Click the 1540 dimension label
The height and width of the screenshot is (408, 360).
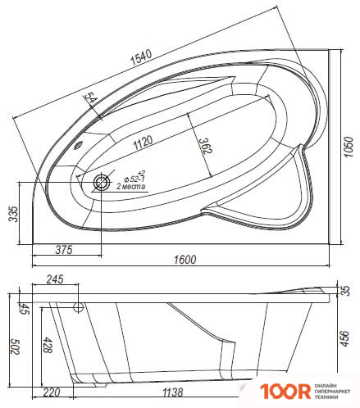(x=141, y=57)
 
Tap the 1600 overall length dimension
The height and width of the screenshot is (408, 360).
(x=185, y=260)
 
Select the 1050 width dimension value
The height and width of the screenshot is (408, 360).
(x=349, y=147)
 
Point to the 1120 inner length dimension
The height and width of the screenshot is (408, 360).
(x=143, y=142)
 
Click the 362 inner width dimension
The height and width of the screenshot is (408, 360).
(x=205, y=146)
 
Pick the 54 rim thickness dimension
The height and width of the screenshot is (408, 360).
(x=90, y=98)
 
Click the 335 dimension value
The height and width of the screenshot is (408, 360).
(x=13, y=214)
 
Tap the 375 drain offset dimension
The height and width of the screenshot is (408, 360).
(x=64, y=250)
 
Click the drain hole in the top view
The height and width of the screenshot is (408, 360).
(x=102, y=183)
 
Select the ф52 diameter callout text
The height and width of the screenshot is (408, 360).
(x=134, y=177)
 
